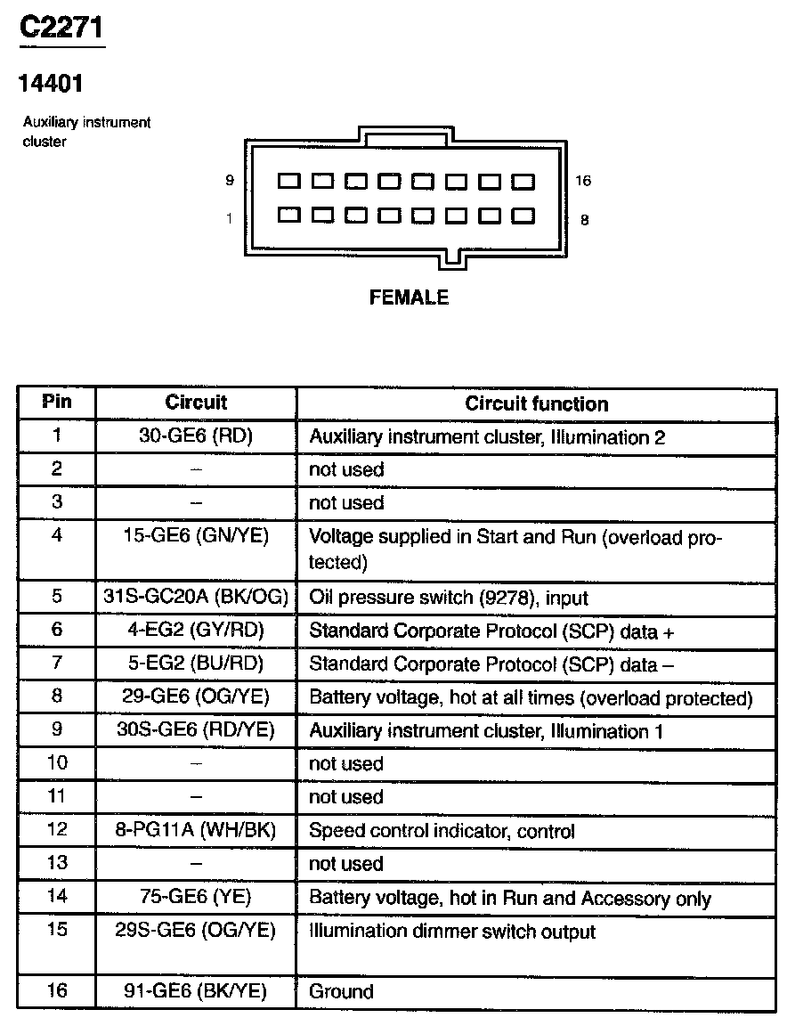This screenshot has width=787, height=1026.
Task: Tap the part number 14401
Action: click(52, 84)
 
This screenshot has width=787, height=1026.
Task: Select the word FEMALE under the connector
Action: click(409, 297)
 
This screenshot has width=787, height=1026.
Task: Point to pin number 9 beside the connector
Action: click(230, 181)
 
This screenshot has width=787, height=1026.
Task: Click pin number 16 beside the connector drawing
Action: click(583, 181)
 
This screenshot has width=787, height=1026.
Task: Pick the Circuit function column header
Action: click(536, 403)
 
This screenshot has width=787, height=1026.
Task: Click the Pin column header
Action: click(57, 402)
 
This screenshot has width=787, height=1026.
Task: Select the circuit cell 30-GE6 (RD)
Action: click(196, 436)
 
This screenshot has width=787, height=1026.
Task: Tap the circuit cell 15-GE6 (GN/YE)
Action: click(196, 535)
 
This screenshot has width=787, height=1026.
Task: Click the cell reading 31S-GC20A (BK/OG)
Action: click(196, 598)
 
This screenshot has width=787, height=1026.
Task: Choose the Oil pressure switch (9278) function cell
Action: click(449, 598)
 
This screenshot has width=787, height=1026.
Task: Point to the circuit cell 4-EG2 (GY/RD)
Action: click(196, 631)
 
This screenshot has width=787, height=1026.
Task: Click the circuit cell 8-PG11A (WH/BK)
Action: click(196, 831)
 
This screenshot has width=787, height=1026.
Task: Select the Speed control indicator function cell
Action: click(442, 831)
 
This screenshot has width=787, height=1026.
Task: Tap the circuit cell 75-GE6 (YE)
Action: click(196, 897)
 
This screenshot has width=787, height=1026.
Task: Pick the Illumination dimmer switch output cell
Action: click(452, 932)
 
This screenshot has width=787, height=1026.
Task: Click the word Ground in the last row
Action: click(341, 991)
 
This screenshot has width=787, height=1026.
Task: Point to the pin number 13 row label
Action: click(57, 863)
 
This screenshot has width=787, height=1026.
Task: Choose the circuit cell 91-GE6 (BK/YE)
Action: click(196, 991)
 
